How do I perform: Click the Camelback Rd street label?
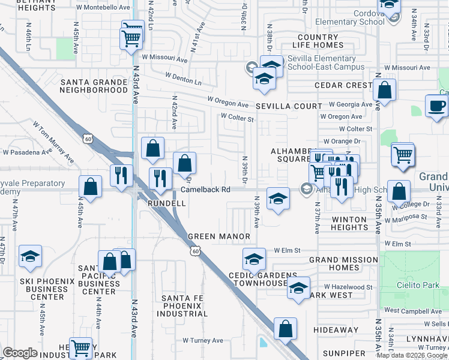206,190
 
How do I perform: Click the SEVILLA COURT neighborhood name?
289,106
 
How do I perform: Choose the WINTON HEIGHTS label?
349,223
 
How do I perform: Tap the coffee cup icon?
436,106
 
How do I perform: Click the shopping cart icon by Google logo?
80,347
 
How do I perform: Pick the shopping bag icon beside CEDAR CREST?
384,91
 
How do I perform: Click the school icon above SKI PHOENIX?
30,257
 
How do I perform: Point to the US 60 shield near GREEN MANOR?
196,252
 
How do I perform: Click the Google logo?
20,353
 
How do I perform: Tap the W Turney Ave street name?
203,340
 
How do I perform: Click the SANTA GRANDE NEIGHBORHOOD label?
94,86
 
